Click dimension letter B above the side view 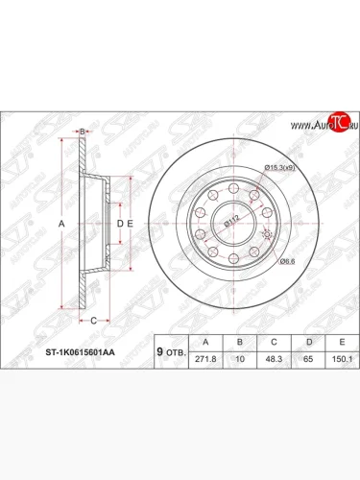(x=84, y=131)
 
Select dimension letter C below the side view (x=93, y=320)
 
